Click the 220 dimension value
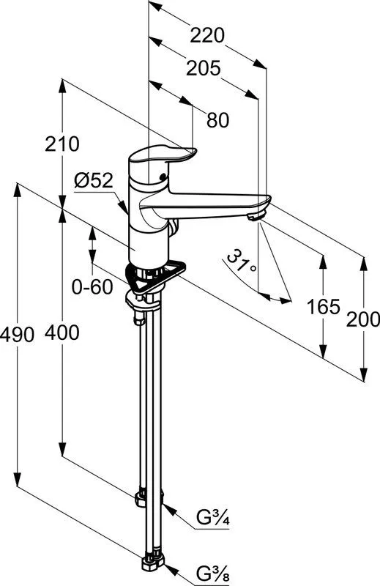(207, 35)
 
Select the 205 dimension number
(204, 69)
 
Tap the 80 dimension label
(218, 120)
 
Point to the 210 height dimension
(62, 144)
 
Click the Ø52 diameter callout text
(94, 181)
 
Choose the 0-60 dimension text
(92, 287)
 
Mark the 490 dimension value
(17, 334)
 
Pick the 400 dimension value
(62, 333)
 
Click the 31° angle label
(242, 262)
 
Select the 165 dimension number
(324, 307)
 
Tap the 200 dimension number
(363, 320)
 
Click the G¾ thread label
(213, 519)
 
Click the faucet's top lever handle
(163, 156)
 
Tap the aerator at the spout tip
(256, 215)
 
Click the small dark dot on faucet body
(162, 177)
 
